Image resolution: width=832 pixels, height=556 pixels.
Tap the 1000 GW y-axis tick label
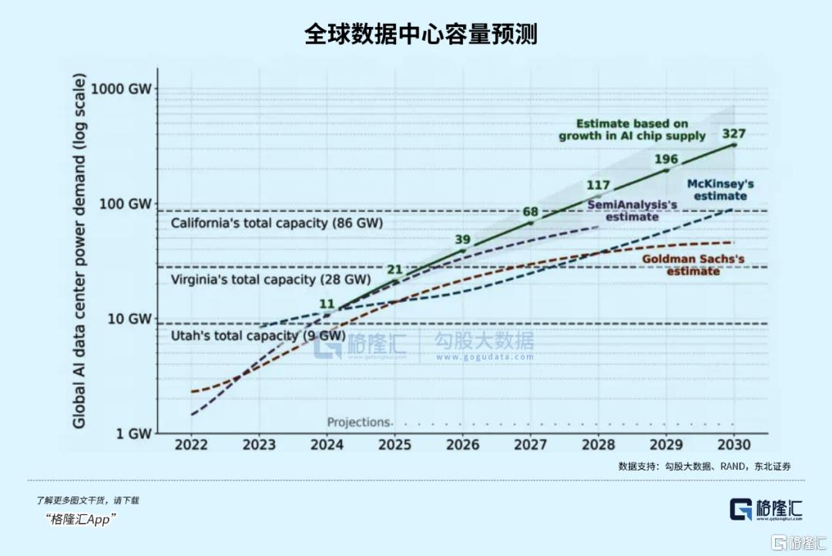point(121,88)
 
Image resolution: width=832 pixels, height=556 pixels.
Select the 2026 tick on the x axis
point(463,445)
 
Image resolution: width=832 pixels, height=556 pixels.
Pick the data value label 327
point(733,134)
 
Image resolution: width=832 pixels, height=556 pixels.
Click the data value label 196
point(666,160)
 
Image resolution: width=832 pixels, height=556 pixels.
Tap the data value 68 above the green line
point(530,211)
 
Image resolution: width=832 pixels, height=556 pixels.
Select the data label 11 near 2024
point(327,303)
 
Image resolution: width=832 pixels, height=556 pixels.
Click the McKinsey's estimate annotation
point(720,190)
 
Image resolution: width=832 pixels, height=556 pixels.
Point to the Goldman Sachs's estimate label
point(693,265)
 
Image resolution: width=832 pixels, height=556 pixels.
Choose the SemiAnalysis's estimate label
point(632,211)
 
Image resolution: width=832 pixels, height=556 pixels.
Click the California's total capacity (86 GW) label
point(277,224)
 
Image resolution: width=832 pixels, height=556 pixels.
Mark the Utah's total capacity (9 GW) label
point(257,335)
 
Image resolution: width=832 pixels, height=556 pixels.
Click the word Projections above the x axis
point(359,423)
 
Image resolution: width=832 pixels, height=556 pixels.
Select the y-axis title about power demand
point(79,251)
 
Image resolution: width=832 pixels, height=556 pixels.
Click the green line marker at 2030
point(733,144)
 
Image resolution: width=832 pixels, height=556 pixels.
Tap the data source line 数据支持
point(704,467)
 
